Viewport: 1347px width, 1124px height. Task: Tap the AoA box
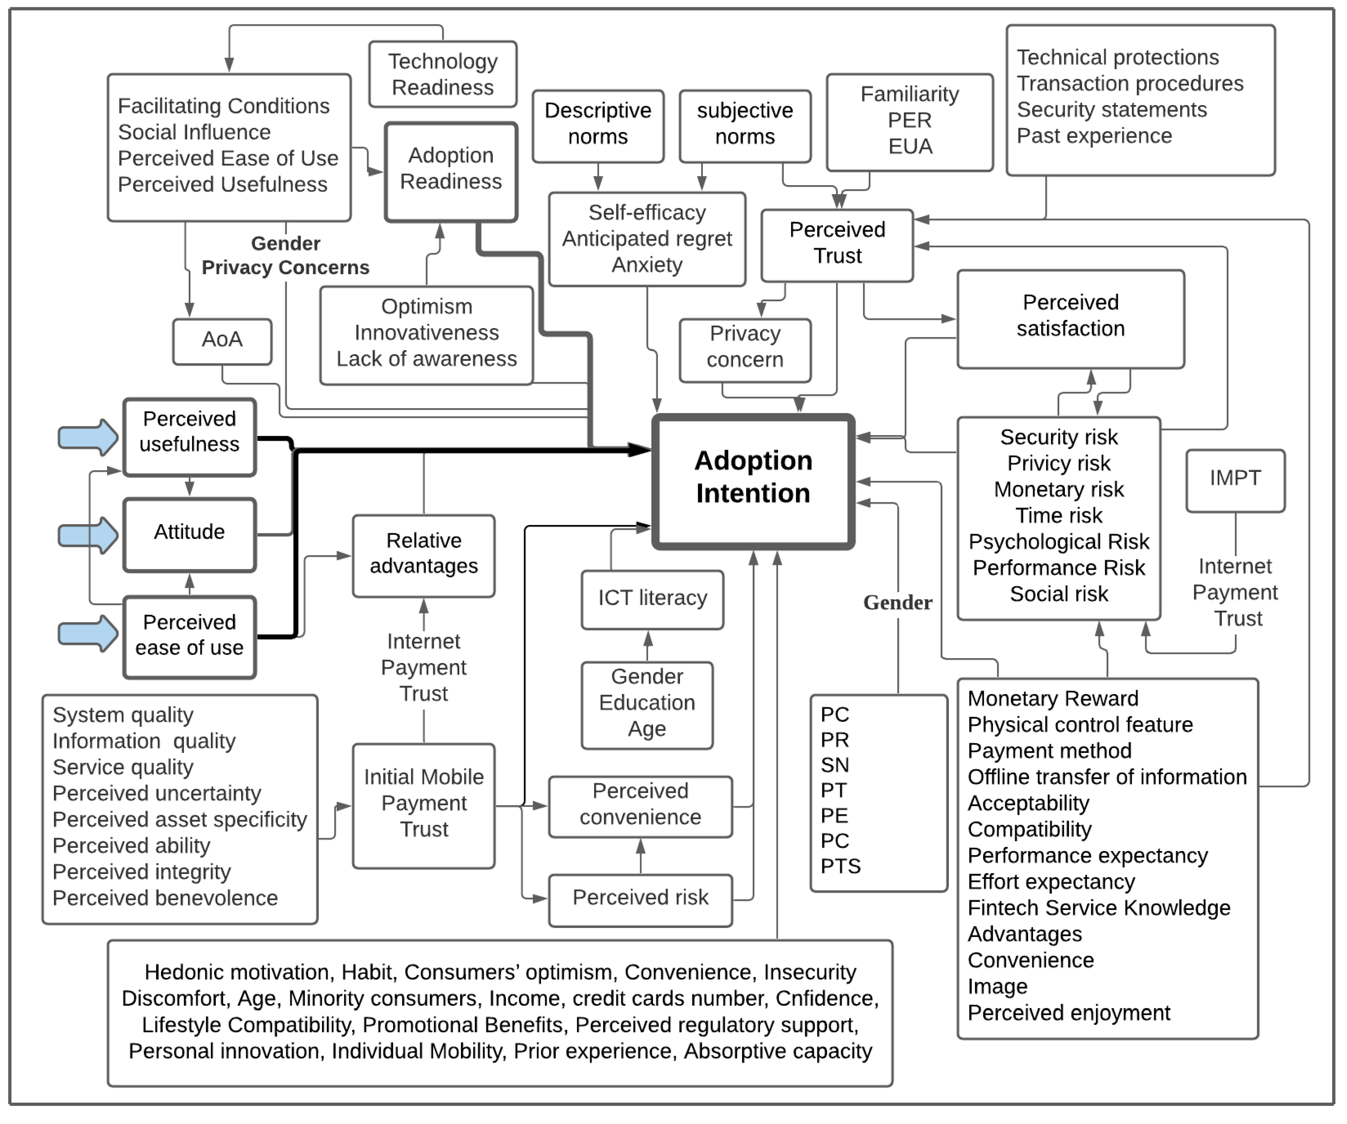(222, 341)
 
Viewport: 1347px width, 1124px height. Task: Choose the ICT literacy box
(652, 599)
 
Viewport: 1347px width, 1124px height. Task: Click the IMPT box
(1235, 479)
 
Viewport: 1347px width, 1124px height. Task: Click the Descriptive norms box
(598, 124)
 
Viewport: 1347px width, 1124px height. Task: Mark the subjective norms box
(745, 124)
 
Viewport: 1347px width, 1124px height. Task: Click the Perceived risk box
(640, 898)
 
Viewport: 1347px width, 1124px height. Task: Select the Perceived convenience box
(640, 805)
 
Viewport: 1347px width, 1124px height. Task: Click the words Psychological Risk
(1058, 542)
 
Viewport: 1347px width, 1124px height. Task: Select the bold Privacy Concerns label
(285, 268)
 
